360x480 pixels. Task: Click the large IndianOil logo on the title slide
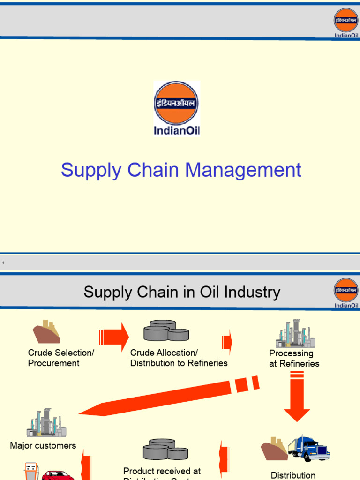pyautogui.click(x=177, y=108)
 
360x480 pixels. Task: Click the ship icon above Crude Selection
pyautogui.click(x=46, y=332)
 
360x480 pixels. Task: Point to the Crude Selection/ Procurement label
pyautogui.click(x=54, y=358)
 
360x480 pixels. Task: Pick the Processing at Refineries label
pyautogui.click(x=294, y=359)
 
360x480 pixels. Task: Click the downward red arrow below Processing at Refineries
pyautogui.click(x=296, y=398)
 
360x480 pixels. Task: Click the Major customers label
pyautogui.click(x=43, y=446)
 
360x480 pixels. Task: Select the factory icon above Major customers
pyautogui.click(x=46, y=423)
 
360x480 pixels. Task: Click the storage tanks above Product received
pyautogui.click(x=165, y=450)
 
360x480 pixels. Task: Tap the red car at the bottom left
pyautogui.click(x=58, y=475)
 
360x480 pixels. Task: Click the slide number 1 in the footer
pyautogui.click(x=3, y=262)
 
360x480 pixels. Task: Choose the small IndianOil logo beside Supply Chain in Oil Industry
pyautogui.click(x=346, y=293)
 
